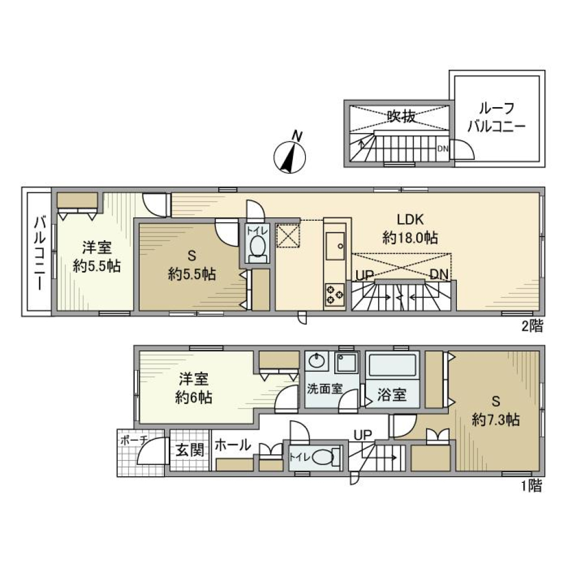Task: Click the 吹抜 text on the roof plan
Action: click(x=401, y=117)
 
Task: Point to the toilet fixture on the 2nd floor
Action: click(x=257, y=247)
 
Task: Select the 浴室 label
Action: click(x=392, y=395)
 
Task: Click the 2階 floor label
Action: click(x=532, y=325)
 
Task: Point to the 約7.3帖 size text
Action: click(x=496, y=420)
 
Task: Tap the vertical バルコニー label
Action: click(x=38, y=253)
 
